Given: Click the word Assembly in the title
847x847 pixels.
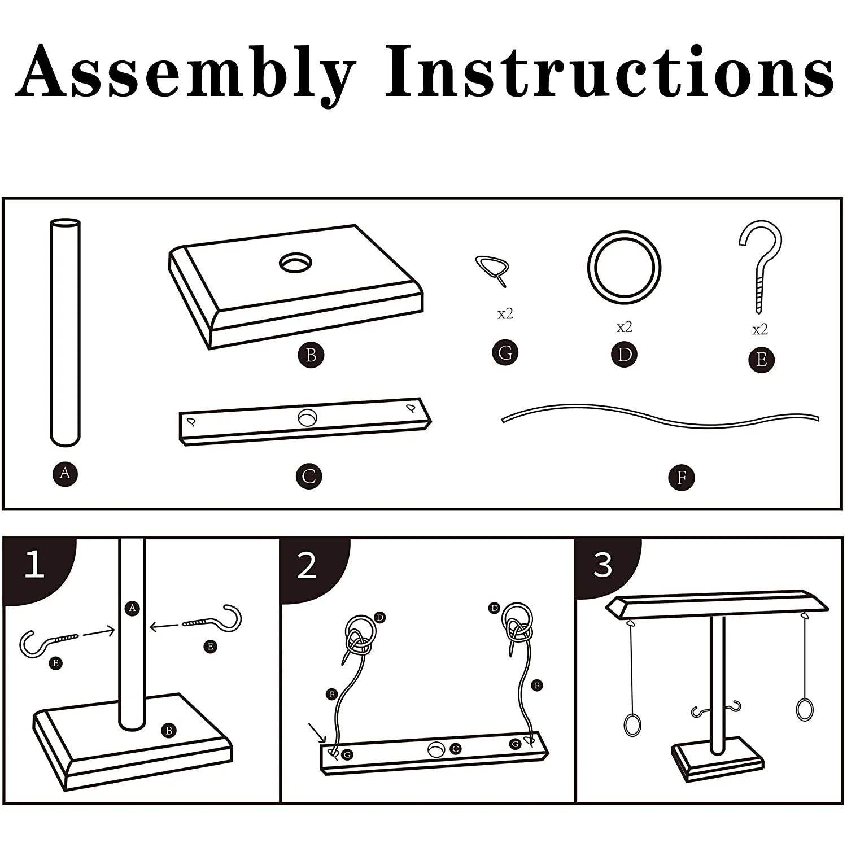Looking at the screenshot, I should (186, 73).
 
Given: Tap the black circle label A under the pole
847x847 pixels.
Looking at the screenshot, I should (65, 473).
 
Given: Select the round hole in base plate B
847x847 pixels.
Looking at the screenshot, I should (295, 263).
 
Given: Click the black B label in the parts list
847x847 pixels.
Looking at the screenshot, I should (311, 355).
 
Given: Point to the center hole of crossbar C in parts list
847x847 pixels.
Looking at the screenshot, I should (308, 418).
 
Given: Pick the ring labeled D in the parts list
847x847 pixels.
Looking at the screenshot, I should (624, 267).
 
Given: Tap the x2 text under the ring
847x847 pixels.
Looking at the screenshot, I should (624, 327).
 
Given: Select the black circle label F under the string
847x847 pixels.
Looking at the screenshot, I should (681, 478).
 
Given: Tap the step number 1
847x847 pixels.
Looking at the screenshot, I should (35, 564).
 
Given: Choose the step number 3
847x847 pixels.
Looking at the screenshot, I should (602, 564).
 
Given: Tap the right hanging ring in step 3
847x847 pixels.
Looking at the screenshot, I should (804, 710).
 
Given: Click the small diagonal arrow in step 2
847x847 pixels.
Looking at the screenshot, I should (317, 732).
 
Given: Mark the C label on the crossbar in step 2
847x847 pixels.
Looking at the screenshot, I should (455, 749).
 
